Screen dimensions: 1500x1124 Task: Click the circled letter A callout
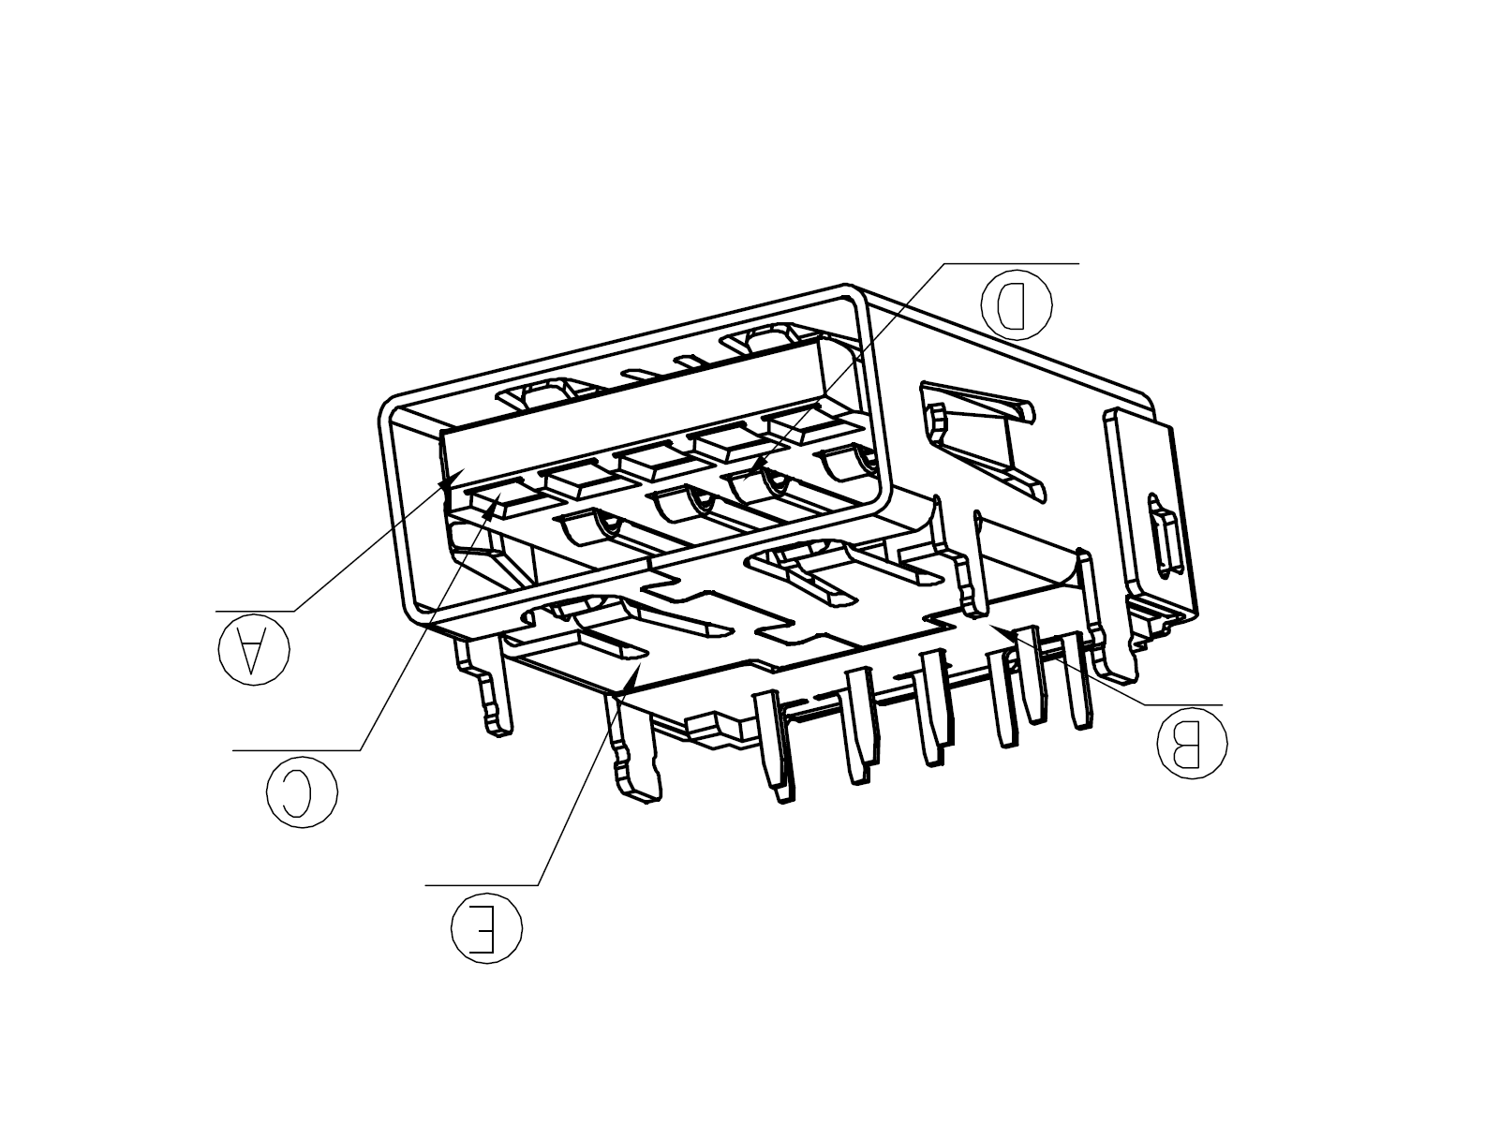pos(254,649)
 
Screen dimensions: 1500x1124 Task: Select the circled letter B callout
pos(1192,743)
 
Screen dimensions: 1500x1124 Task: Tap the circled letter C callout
pos(302,792)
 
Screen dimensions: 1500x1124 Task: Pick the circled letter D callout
pos(1017,303)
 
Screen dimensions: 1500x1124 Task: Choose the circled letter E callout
pos(486,928)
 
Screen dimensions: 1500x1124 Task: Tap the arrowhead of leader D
pos(754,470)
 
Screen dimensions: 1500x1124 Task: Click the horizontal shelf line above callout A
pos(255,611)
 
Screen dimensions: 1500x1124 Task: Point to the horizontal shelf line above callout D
pos(1011,263)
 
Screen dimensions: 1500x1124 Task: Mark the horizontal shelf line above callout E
pos(482,885)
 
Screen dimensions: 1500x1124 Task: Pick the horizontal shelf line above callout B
pos(1183,704)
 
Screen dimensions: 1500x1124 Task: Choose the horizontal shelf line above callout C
pos(297,750)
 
